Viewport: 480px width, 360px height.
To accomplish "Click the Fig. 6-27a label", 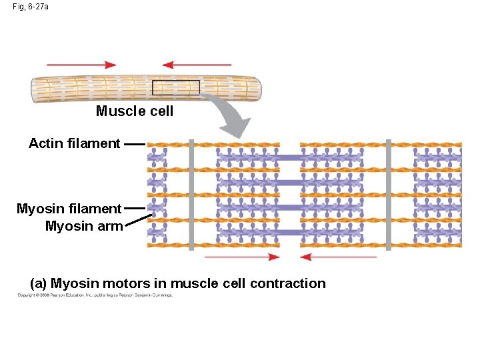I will point(31,6).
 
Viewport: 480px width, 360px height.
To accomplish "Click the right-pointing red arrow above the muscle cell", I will point(81,65).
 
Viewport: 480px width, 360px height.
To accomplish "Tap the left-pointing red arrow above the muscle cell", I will point(197,65).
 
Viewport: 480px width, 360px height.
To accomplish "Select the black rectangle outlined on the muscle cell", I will point(175,87).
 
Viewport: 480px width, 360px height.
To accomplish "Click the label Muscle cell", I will point(135,111).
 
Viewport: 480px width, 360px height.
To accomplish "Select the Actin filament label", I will point(74,143).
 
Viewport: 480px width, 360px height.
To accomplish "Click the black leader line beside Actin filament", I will point(134,143).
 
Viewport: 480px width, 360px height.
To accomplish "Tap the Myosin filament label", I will point(69,209).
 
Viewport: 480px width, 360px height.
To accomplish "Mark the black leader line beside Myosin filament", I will point(134,209).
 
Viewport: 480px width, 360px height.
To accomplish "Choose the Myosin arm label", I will point(84,226).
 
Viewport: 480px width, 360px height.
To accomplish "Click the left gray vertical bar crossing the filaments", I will point(191,195).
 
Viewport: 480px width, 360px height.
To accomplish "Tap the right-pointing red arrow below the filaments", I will point(242,257).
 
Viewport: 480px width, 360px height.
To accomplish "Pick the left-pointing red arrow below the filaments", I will point(338,257).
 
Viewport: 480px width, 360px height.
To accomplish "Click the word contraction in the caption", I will point(288,283).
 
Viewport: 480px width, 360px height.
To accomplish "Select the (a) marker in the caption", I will point(39,283).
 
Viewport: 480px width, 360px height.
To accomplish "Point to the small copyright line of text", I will point(95,295).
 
